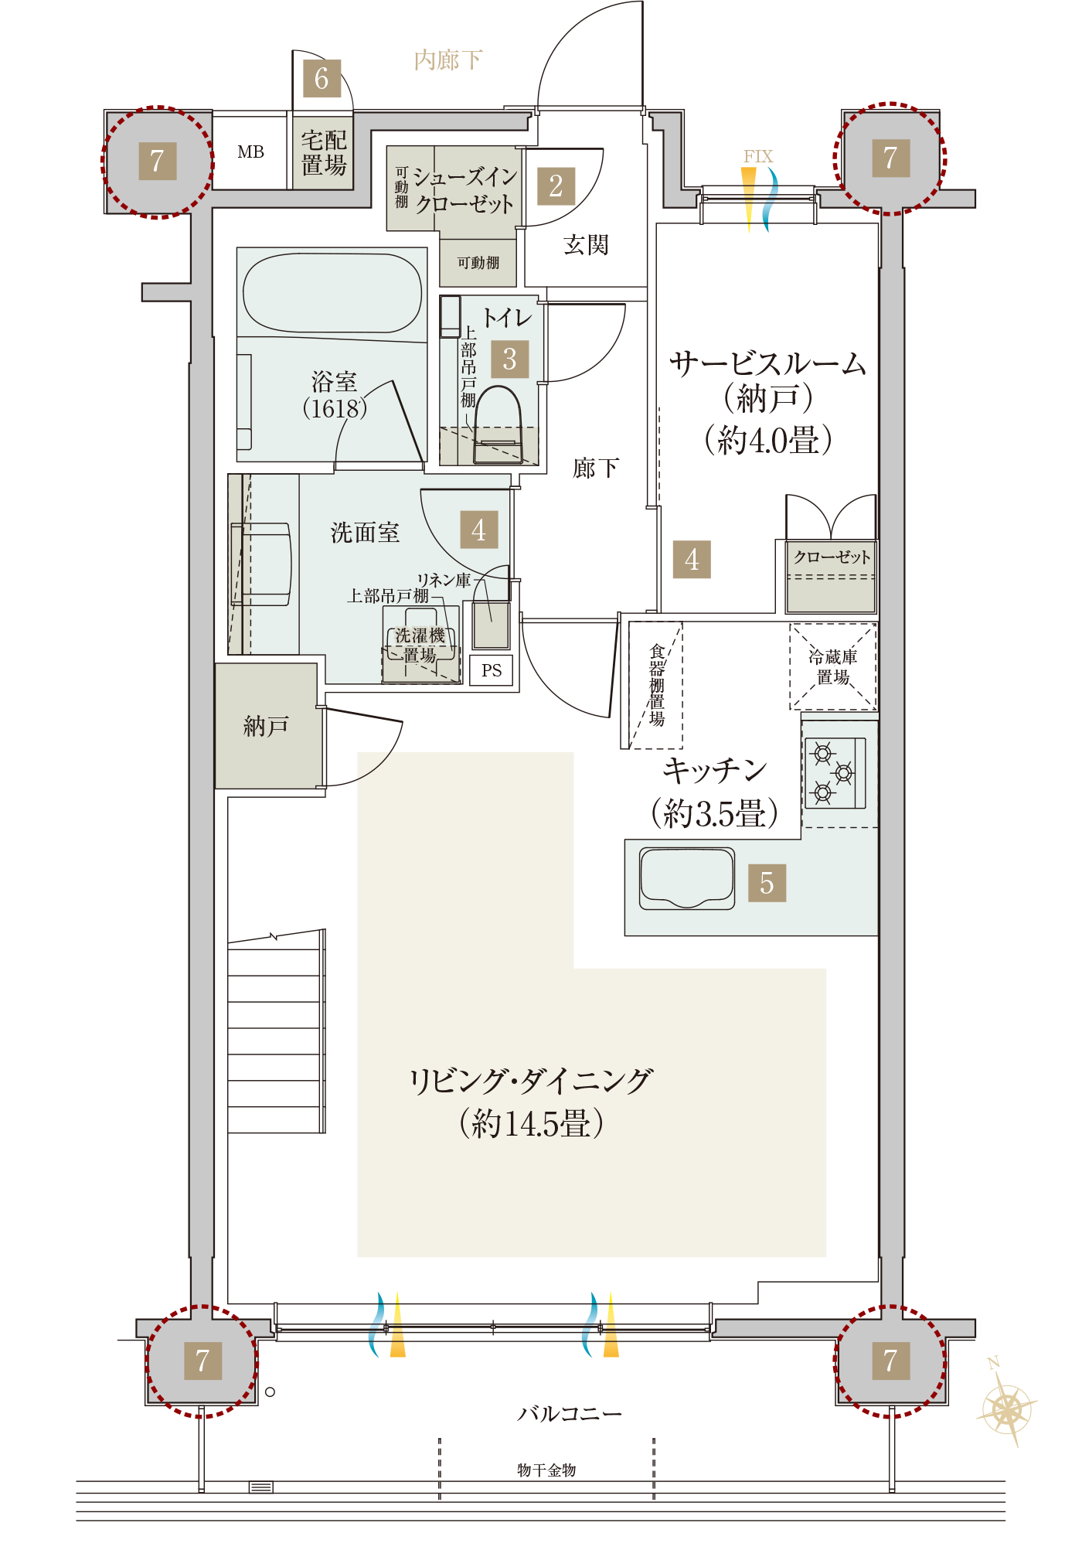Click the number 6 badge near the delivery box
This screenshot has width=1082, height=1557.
(322, 78)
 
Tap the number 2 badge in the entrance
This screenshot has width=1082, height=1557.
(556, 186)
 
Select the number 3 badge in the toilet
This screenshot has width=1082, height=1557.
(509, 359)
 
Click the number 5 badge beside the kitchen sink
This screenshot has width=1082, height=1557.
(767, 883)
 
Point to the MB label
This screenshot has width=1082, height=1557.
(250, 152)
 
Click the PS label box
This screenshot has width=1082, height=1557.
(492, 670)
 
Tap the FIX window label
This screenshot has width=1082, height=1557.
(758, 156)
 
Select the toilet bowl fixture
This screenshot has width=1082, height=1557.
(497, 424)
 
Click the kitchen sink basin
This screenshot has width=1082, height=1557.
(687, 877)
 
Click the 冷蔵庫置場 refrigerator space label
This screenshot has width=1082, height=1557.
(833, 666)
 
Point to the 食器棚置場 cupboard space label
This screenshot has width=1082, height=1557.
(657, 685)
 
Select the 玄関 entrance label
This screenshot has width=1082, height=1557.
(586, 245)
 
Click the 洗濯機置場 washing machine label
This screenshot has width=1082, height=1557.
(420, 646)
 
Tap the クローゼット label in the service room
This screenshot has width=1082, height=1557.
(832, 557)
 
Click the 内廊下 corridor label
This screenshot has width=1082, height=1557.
(448, 60)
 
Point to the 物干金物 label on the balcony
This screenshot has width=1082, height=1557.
(546, 1470)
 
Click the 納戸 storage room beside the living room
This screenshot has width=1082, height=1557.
(267, 726)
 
